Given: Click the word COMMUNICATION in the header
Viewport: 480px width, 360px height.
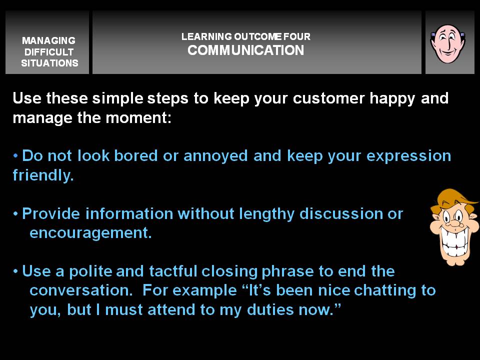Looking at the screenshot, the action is [x=245, y=50].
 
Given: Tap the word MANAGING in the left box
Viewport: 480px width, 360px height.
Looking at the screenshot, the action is [x=48, y=40].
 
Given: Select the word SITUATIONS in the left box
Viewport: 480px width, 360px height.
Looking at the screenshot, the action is [x=49, y=63].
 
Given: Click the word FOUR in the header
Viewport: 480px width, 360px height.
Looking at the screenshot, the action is [x=296, y=36].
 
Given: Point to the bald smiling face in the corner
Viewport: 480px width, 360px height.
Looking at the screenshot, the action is [x=448, y=44].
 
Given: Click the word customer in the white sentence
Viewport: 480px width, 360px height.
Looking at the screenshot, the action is [x=328, y=98].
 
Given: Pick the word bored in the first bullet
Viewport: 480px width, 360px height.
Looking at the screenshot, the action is [x=136, y=155].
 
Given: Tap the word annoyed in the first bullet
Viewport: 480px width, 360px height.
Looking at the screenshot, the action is [x=215, y=156].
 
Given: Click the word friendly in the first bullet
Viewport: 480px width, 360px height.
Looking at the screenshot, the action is [x=43, y=175].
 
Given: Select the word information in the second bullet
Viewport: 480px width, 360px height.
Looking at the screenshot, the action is [x=129, y=213].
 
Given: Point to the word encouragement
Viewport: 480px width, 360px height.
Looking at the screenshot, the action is [x=90, y=233].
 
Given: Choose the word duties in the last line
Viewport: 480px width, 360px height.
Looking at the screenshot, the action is [x=270, y=309].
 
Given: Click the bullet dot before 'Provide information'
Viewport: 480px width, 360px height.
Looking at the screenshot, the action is [x=15, y=213].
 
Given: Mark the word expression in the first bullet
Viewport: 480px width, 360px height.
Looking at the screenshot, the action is [x=408, y=156].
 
